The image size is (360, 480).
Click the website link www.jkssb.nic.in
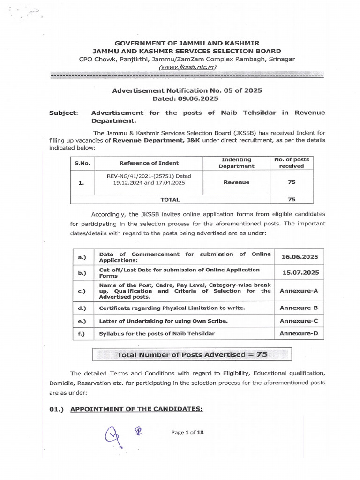coord(187,67)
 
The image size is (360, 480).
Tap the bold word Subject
coord(63,113)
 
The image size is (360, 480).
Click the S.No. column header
coord(82,163)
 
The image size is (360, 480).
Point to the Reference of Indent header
coord(149,163)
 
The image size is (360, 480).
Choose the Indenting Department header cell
coord(236,163)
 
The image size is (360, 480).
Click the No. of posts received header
coord(292,163)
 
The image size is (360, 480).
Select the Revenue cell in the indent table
coord(236,182)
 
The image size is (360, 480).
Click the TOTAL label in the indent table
coord(170,199)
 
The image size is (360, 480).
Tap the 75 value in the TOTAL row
coord(292,199)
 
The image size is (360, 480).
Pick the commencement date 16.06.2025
coord(300,257)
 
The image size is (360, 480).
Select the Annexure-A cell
coord(299,291)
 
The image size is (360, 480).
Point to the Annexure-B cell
coord(299,308)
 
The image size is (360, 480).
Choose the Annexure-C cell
coord(299,321)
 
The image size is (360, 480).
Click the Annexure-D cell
coord(299,334)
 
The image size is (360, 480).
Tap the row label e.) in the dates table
coord(82,321)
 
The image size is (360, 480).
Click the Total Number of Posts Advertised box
coord(192,354)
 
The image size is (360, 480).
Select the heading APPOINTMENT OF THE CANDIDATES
coord(136,409)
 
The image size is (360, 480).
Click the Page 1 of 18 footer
coord(187,432)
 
